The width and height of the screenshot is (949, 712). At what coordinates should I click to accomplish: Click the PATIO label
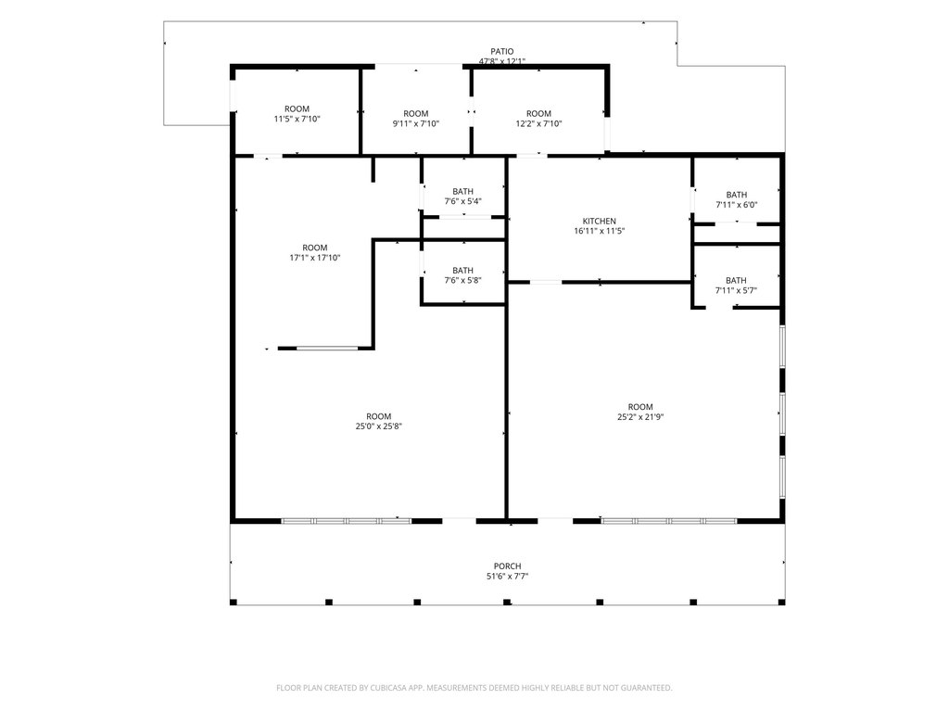pos(501,52)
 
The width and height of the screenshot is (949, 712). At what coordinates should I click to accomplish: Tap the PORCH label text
pos(507,566)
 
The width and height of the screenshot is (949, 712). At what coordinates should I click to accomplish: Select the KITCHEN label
pos(600,221)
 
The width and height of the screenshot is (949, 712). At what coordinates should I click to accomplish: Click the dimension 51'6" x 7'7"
pos(507,577)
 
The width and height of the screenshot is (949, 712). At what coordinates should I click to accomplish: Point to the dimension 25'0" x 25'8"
pos(379,426)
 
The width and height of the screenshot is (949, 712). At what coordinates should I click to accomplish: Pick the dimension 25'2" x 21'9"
pos(640,416)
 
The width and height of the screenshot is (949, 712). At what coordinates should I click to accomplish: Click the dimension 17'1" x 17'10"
pos(315,258)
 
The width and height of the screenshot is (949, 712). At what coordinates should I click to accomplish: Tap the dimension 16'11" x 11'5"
pos(600,231)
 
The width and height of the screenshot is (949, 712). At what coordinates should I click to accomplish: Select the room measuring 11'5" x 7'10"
pos(297,114)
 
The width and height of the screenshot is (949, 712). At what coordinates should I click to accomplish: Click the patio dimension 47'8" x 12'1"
pos(501,61)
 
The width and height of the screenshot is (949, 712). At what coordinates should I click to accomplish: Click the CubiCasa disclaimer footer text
pos(474,688)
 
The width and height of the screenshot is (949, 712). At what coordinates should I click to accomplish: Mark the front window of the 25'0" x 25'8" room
pos(347,521)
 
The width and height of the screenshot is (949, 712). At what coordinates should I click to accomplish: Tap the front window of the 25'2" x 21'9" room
pos(669,521)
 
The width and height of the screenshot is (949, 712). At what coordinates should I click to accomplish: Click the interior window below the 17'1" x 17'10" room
pos(327,349)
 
